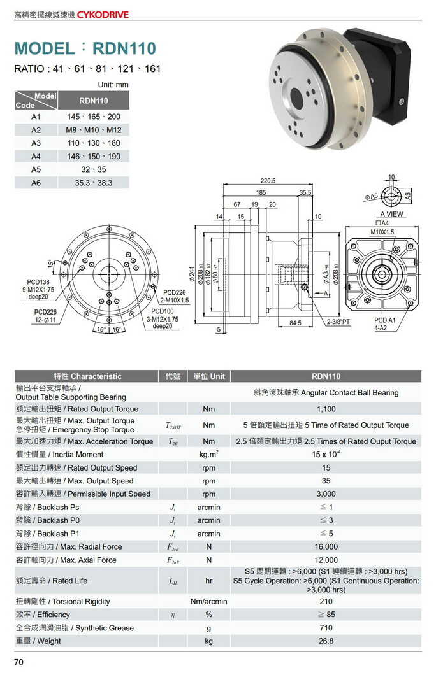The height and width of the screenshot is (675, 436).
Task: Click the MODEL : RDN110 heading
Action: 85,48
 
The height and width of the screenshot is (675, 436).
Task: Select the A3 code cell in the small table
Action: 36,143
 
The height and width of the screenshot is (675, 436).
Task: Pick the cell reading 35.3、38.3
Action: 93,183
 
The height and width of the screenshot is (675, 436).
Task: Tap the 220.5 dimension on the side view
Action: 268,181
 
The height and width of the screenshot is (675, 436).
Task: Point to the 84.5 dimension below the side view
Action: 295,323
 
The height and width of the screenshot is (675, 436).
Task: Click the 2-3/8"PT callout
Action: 338,322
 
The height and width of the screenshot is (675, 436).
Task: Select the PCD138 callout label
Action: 38,281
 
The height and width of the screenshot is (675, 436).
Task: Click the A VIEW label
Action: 391,215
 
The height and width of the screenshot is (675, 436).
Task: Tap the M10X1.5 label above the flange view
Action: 382,232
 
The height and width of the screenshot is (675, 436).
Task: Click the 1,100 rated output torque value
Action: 326,409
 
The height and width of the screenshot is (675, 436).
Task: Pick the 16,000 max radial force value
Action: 326,547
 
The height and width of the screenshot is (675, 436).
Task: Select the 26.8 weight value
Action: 326,641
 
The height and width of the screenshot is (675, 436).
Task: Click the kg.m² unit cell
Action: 208,455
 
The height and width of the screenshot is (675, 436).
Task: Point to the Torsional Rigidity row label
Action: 63,602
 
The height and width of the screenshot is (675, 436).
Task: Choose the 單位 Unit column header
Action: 208,376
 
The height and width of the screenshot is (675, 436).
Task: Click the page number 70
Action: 19,662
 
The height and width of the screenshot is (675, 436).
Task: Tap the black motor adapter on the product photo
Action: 382,70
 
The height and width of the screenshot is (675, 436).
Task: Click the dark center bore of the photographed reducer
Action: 296,97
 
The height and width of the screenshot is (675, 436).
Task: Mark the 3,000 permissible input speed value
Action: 326,494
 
